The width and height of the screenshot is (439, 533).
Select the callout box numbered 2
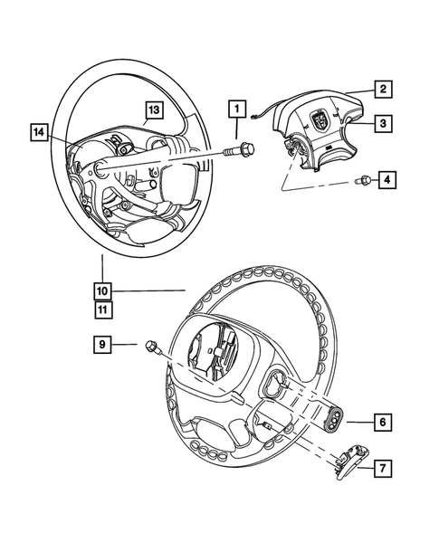(384, 89)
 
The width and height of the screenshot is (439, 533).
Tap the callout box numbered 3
(384, 122)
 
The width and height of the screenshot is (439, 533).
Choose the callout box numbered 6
(382, 422)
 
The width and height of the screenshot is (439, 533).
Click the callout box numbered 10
(103, 291)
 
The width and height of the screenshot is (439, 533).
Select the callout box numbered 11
(103, 309)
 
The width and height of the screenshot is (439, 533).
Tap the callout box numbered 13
(155, 110)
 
